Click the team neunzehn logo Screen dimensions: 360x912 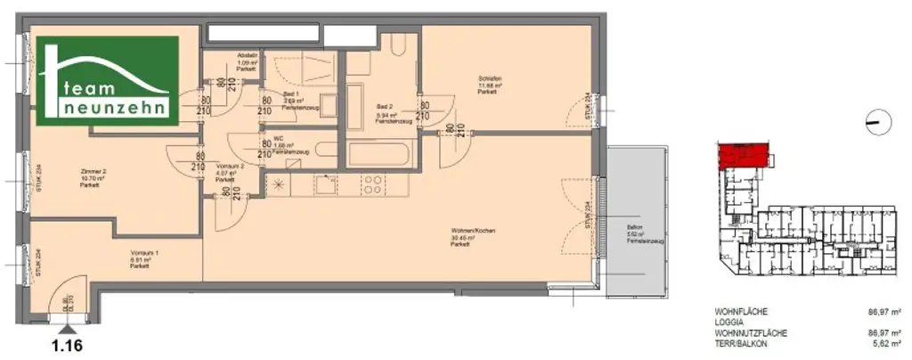pyautogui.click(x=108, y=81)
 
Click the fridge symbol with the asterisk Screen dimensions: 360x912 pyautogui.click(x=280, y=185)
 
